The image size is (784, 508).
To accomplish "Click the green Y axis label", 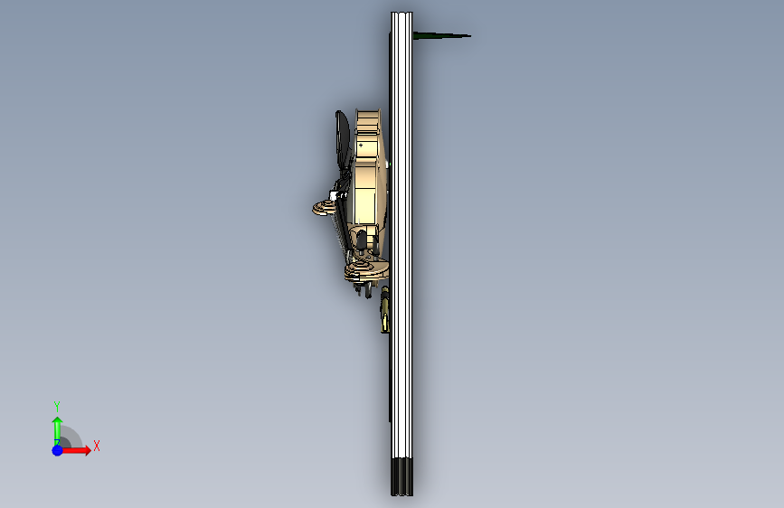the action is [57, 406].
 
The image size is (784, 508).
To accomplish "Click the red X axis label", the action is [97, 446].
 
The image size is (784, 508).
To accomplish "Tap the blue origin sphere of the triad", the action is [58, 450].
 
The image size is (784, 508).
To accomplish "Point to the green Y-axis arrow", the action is [58, 430].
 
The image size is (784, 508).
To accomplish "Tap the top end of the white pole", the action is [401, 13].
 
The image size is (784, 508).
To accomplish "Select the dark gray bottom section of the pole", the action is [402, 476].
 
